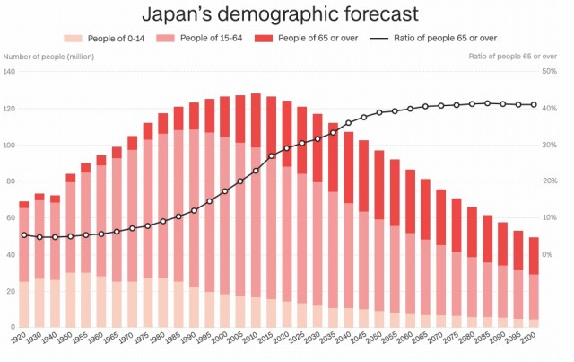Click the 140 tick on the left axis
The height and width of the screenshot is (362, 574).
[x=10, y=72]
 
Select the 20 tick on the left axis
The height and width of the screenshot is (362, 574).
[x=10, y=291]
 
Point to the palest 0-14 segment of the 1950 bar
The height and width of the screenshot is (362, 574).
[x=71, y=300]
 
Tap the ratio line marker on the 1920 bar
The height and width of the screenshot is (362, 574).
[x=24, y=235]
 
